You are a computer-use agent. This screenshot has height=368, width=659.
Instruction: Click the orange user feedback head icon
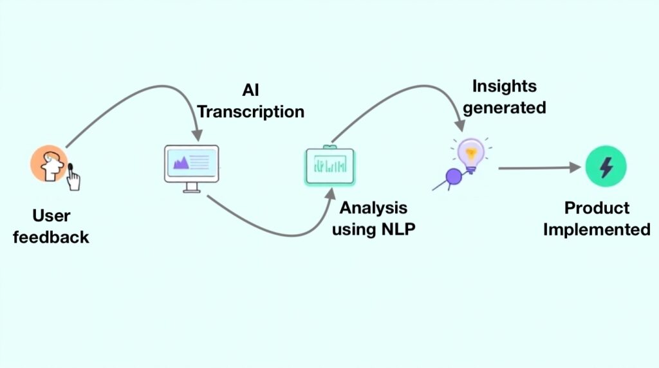48,163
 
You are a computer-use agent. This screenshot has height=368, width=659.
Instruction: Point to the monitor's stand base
191,189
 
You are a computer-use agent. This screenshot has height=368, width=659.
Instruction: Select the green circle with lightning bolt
606,167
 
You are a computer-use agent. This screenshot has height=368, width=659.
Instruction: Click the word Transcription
250,111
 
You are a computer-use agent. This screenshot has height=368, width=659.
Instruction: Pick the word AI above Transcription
250,89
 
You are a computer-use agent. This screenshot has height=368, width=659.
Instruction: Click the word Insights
504,86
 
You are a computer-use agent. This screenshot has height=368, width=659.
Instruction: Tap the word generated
504,107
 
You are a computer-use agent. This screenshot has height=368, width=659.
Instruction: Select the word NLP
394,228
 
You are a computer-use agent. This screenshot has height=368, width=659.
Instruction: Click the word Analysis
373,208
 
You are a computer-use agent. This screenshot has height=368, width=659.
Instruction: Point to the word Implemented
597,229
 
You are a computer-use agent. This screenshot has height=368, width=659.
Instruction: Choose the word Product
597,208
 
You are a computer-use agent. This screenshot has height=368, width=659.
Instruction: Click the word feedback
51,237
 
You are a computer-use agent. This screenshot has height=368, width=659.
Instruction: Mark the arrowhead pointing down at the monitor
198,134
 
